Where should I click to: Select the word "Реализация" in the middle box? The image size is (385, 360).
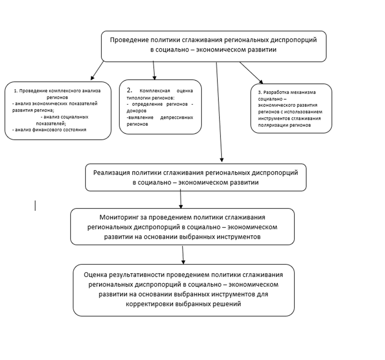[x=111, y=172]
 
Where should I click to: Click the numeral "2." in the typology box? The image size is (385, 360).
[x=129, y=90]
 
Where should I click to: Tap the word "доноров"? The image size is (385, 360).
[x=137, y=111]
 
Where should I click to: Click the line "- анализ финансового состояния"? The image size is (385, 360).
[x=49, y=130]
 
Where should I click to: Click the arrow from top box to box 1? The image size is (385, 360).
[x=97, y=71]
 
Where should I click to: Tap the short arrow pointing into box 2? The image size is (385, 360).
[x=154, y=70]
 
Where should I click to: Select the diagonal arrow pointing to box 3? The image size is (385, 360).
[x=251, y=73]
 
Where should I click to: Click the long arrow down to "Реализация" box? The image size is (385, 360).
[x=219, y=113]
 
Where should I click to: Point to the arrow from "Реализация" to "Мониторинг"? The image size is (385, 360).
[x=180, y=199]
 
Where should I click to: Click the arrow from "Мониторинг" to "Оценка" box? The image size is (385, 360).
[x=183, y=255]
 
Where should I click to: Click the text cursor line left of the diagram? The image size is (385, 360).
[x=35, y=206]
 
